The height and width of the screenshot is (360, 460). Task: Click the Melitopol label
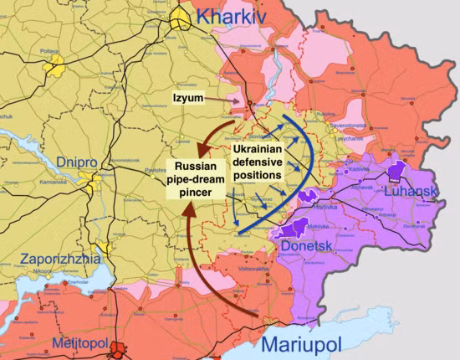(84, 345)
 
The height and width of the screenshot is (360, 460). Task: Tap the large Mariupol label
(302, 344)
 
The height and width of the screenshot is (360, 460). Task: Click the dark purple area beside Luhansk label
(396, 172)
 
